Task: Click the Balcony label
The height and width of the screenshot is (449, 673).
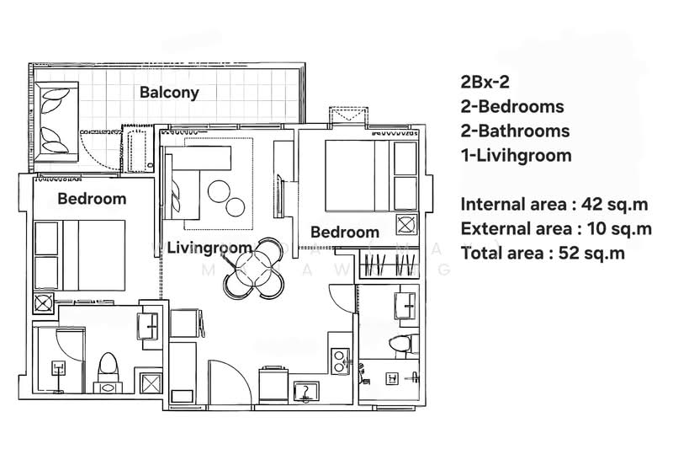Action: coord(169,93)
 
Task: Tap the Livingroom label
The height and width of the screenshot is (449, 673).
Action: coord(209,248)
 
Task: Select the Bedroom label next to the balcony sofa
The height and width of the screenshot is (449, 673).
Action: coord(92,200)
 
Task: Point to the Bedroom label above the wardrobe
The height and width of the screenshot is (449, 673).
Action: coord(344,233)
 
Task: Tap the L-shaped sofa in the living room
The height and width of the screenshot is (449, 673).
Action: coord(194,173)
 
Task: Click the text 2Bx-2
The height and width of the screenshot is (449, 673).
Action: coord(485,83)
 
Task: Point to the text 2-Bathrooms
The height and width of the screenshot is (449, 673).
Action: coord(515,131)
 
